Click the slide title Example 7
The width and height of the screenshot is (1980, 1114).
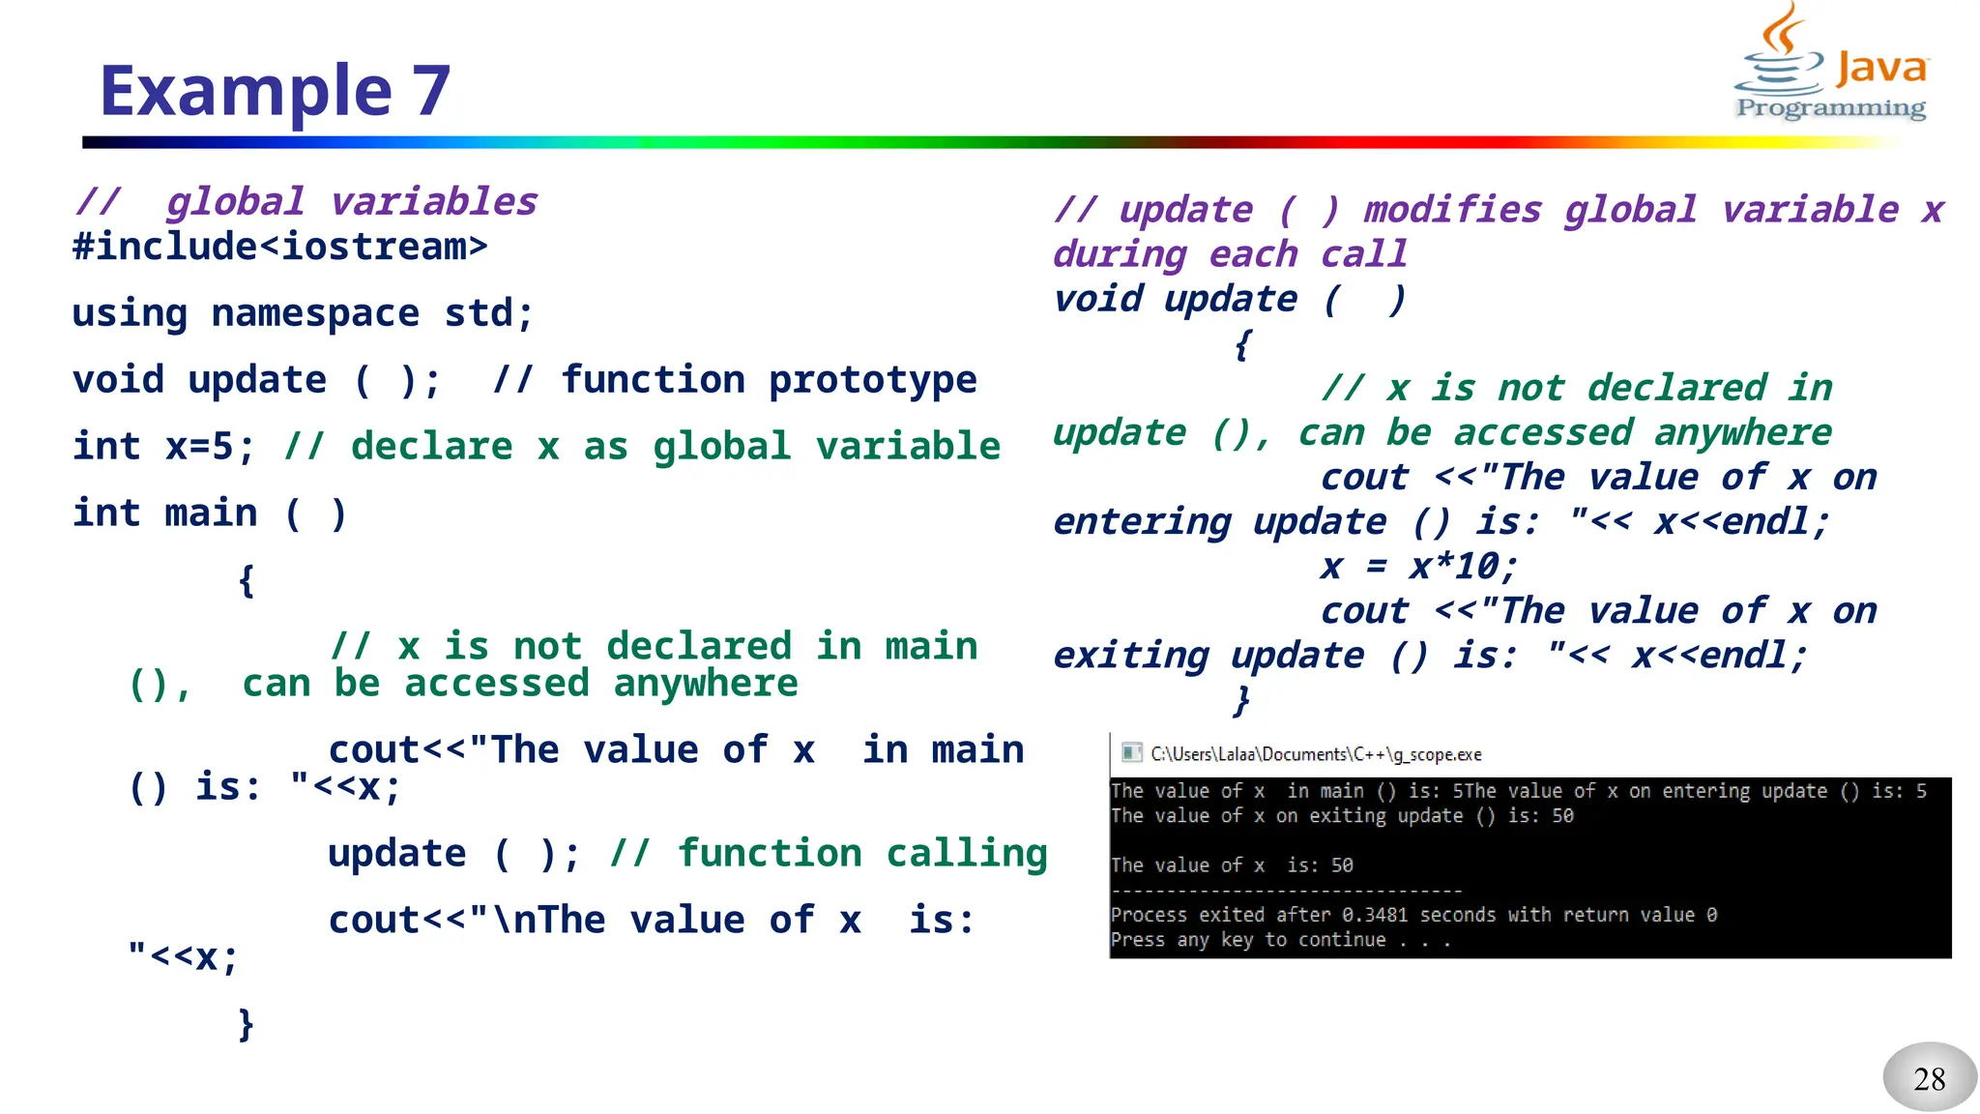click(x=276, y=91)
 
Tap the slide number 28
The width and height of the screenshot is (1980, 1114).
click(x=1929, y=1078)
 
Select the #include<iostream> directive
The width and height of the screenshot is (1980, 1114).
click(x=279, y=247)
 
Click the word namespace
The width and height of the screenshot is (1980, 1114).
click(x=315, y=313)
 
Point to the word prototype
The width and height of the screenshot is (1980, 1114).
click(x=872, y=380)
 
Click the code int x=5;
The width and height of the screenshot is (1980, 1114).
click(x=163, y=447)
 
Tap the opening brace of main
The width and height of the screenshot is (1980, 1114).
click(x=247, y=580)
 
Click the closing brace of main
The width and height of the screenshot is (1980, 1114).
click(x=247, y=1023)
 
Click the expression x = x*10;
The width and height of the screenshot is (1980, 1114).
click(x=1418, y=567)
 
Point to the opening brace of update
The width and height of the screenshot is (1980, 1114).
click(x=1242, y=344)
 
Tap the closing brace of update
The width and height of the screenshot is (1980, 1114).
click(x=1242, y=700)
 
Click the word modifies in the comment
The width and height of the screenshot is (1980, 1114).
click(x=1452, y=210)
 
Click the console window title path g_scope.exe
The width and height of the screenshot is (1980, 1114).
click(x=1316, y=754)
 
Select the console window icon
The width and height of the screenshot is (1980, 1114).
click(x=1131, y=753)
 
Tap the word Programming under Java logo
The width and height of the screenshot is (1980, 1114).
click(x=1830, y=108)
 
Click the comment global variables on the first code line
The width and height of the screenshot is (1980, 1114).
click(x=352, y=202)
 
